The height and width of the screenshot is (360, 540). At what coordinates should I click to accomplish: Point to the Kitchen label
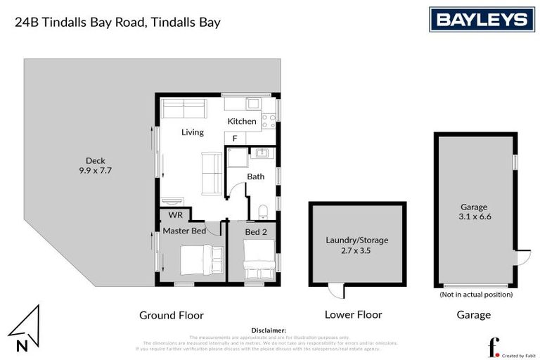(x=241, y=122)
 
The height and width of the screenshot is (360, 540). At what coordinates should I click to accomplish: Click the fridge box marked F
(x=235, y=139)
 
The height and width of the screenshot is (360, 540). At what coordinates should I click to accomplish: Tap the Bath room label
(x=255, y=176)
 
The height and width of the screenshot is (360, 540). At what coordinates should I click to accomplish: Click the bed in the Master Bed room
(x=198, y=260)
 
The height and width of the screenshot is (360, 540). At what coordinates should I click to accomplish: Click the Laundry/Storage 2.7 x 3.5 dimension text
(x=357, y=245)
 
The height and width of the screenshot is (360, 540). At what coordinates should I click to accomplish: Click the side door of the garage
(x=522, y=257)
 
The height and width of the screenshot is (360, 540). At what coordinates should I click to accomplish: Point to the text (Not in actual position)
(x=475, y=295)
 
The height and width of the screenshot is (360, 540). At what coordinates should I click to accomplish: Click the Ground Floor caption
(x=172, y=315)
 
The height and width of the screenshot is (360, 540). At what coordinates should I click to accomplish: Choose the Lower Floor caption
(x=353, y=315)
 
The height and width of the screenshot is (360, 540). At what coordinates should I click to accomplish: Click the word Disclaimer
(x=269, y=330)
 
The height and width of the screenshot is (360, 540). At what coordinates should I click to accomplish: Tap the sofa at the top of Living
(x=184, y=109)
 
